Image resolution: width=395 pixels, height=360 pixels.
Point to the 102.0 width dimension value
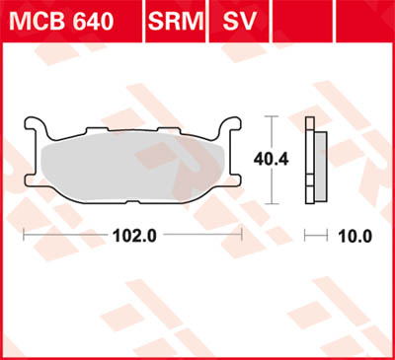136,237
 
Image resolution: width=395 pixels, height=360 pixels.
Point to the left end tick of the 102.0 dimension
24,237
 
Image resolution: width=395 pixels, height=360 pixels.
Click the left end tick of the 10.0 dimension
306,237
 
